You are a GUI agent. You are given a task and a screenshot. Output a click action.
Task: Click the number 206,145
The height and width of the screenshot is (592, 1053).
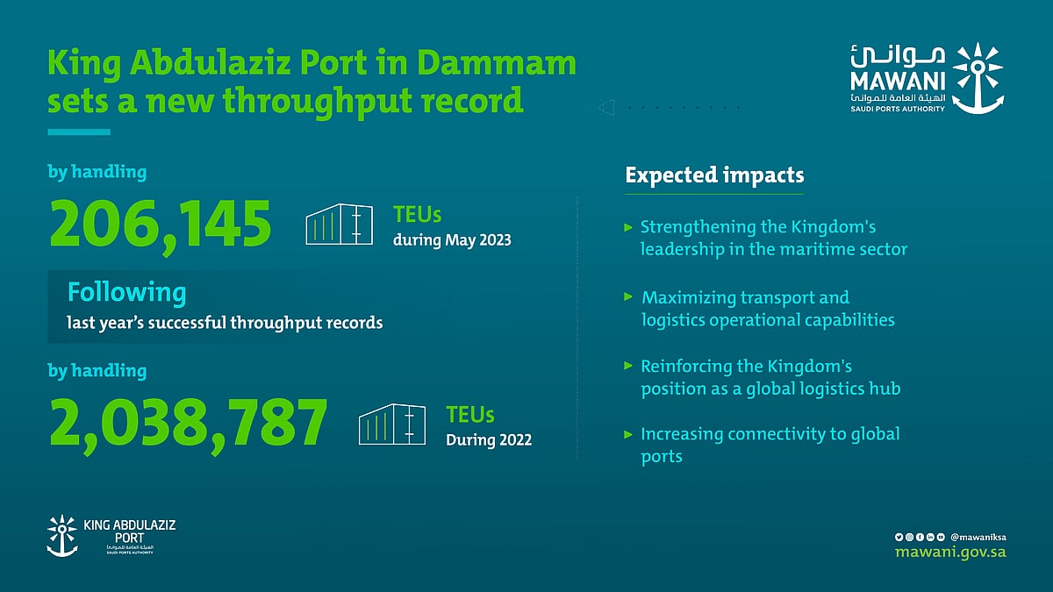[160, 225]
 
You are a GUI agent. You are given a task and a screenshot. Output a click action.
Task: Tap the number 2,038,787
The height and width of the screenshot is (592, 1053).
[188, 424]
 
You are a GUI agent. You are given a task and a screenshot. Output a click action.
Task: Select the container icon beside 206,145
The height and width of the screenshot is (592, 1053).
[338, 225]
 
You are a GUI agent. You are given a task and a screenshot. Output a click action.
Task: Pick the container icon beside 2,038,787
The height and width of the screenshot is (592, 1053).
[391, 424]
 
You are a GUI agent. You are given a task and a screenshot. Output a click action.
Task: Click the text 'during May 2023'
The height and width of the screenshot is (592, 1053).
[453, 239]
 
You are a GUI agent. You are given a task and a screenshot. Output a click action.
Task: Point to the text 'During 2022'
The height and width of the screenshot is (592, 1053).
[489, 439]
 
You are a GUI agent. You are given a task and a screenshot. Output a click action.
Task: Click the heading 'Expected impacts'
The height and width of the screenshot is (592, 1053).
[714, 175]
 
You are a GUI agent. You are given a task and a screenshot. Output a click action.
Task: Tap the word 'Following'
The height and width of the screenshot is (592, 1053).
[127, 291]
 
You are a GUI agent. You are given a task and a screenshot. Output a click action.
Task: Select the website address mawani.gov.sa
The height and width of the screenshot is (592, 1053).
[950, 552]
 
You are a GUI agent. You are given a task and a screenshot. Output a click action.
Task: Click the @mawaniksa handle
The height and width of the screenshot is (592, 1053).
[978, 536]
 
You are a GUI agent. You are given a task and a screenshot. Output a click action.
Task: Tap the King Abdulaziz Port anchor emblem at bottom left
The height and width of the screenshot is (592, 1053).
[61, 536]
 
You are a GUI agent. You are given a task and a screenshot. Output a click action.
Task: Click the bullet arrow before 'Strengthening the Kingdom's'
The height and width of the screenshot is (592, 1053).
[628, 227]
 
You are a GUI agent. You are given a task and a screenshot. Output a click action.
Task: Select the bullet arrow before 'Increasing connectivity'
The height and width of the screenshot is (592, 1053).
[628, 434]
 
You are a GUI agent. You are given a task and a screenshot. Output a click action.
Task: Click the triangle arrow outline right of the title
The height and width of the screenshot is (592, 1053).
[604, 108]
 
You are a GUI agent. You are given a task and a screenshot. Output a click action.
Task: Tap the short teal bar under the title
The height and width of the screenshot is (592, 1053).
[79, 132]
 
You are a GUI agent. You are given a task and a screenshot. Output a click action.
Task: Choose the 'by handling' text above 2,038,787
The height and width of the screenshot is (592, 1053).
[97, 371]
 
